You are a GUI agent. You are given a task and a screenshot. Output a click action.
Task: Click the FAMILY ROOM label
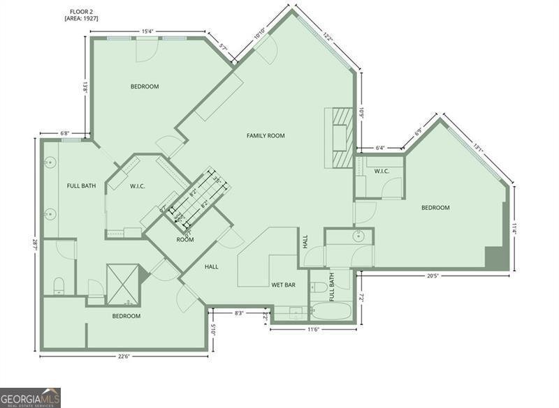click(x=266, y=135)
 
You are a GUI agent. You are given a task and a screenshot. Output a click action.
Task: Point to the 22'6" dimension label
click(x=124, y=356)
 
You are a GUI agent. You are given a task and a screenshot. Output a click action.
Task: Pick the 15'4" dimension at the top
click(x=148, y=31)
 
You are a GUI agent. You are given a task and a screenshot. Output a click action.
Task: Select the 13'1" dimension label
click(x=478, y=147)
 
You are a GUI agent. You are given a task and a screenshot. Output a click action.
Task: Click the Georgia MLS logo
click(x=30, y=398)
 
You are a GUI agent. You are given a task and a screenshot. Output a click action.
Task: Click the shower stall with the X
click(x=122, y=284)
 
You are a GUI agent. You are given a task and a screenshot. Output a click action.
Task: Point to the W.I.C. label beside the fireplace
click(x=381, y=171)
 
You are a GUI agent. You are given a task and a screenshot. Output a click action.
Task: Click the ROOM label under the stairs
click(x=185, y=239)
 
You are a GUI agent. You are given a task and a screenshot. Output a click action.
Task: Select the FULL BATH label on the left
click(x=81, y=186)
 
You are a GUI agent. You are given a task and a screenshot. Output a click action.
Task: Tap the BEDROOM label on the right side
click(x=435, y=207)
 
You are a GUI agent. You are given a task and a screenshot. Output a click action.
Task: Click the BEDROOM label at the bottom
click(x=126, y=316)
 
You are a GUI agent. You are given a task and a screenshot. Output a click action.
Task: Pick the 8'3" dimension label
click(x=239, y=313)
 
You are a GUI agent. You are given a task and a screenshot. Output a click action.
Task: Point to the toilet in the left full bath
click(x=59, y=284)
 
